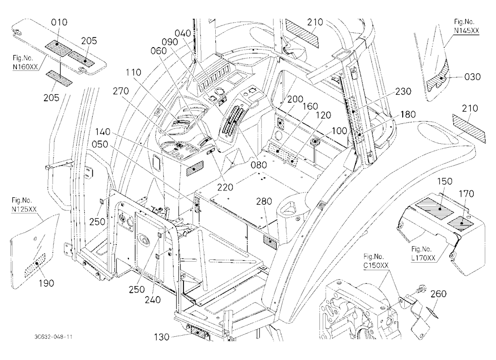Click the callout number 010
click(59, 22)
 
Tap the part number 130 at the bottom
click(162, 337)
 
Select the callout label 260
click(438, 294)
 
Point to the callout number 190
click(46, 283)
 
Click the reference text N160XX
click(25, 67)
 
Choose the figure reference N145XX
click(467, 31)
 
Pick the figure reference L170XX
click(424, 258)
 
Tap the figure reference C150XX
click(376, 265)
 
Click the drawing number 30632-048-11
click(54, 337)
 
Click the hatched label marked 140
click(195, 168)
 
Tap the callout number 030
click(472, 77)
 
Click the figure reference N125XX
click(24, 209)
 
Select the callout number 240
click(153, 300)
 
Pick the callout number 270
click(121, 91)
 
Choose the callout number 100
click(339, 130)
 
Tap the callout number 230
click(403, 91)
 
